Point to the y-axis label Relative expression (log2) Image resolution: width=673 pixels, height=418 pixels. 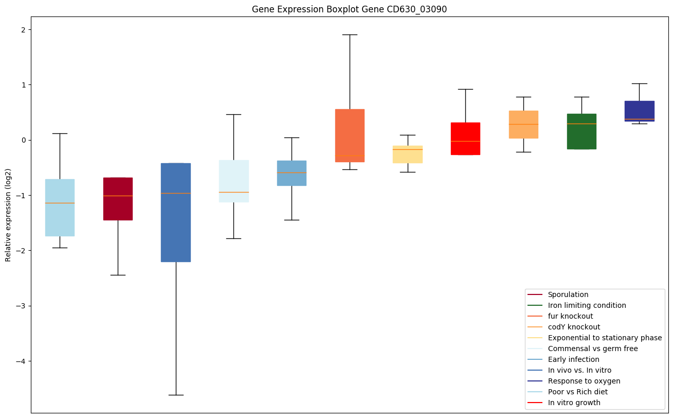[x=8, y=215]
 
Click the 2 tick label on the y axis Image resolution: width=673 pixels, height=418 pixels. [x=23, y=30]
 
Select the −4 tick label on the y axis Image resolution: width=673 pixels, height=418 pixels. [x=21, y=361]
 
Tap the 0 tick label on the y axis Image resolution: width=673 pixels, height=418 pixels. [x=23, y=140]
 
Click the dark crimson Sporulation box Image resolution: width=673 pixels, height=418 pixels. [x=118, y=199]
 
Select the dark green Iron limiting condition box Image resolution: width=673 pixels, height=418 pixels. [x=581, y=131]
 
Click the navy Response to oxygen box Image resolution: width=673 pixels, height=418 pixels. [x=639, y=111]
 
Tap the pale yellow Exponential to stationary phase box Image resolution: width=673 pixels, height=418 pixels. [x=408, y=154]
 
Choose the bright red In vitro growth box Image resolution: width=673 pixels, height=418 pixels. [x=465, y=138]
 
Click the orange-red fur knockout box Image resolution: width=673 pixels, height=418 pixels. [x=350, y=135]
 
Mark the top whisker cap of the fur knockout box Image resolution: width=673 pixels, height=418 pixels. [x=350, y=34]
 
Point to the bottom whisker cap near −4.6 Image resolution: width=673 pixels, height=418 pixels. [x=176, y=395]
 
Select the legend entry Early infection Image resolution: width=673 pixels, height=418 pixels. [x=573, y=359]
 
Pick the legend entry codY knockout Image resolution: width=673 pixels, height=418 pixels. [x=574, y=327]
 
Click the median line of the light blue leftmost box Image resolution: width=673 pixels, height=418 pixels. [x=60, y=203]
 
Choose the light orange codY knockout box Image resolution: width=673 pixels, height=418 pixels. [x=523, y=124]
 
